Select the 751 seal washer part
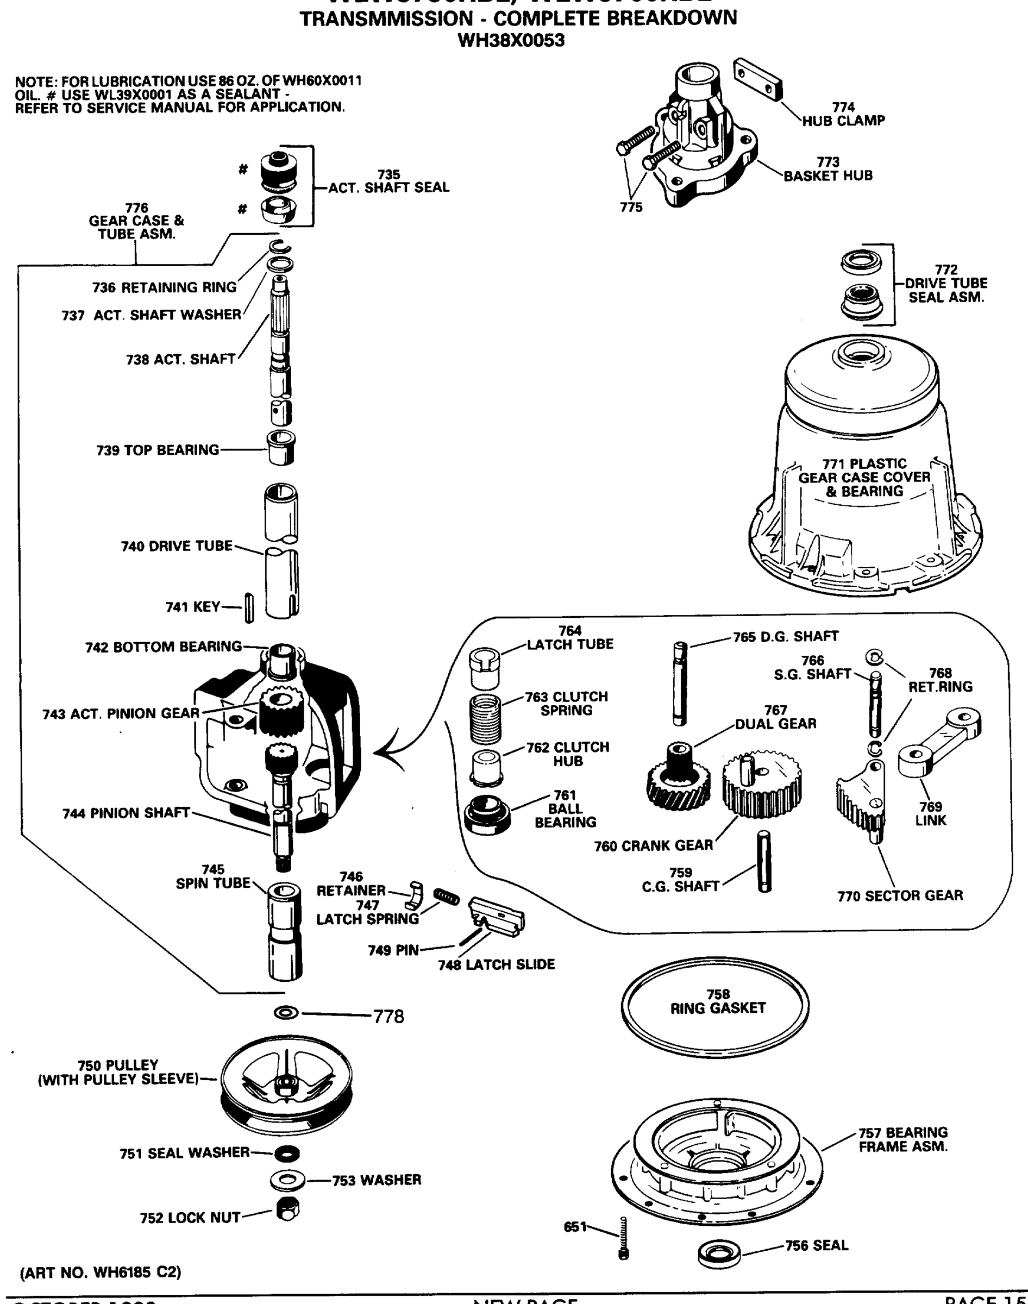coord(286,1153)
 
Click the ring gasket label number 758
coord(718,994)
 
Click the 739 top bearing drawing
coord(281,448)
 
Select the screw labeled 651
coord(624,1237)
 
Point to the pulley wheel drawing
coord(286,1090)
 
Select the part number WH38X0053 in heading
coord(511,41)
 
